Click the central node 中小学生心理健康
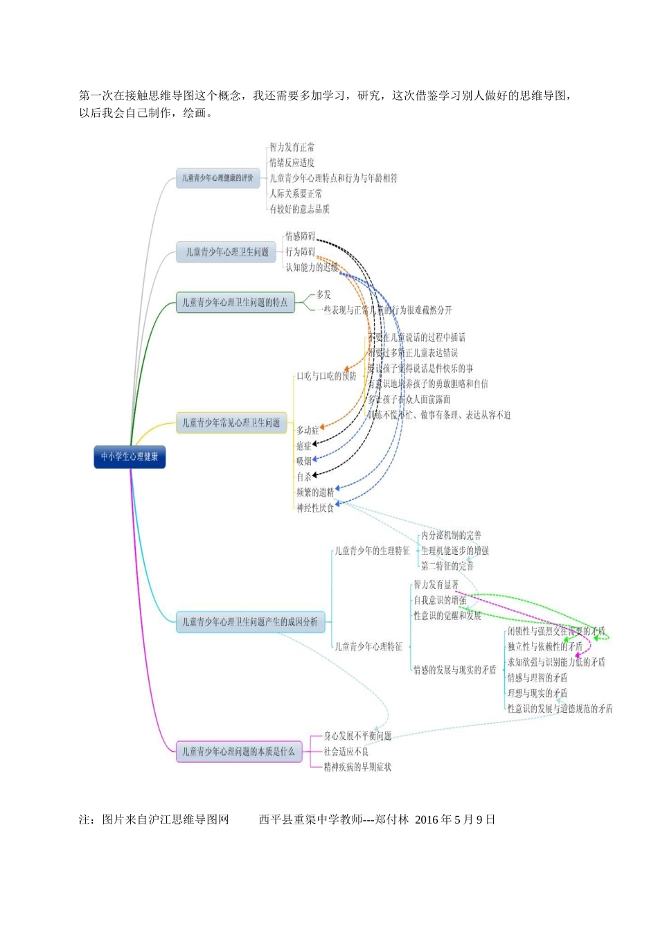[x=130, y=457]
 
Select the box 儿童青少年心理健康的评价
[x=217, y=178]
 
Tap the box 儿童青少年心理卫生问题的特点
[x=235, y=303]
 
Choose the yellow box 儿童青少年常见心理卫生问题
[x=231, y=423]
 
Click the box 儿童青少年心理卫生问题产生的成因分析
[x=250, y=622]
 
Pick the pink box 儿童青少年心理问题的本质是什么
[x=239, y=752]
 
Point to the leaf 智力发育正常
[x=292, y=148]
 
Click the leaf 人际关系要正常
[x=296, y=194]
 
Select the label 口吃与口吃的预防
[x=326, y=376]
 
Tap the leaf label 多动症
[x=308, y=430]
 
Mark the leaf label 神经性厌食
[x=315, y=508]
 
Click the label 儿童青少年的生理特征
[x=373, y=551]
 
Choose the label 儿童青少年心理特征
[x=368, y=646]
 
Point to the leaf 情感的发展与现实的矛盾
[x=455, y=670]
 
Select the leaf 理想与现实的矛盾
[x=537, y=693]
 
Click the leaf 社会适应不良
[x=346, y=752]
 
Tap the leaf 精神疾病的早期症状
[x=357, y=767]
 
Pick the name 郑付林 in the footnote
[x=391, y=819]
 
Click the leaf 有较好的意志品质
[x=299, y=209]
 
